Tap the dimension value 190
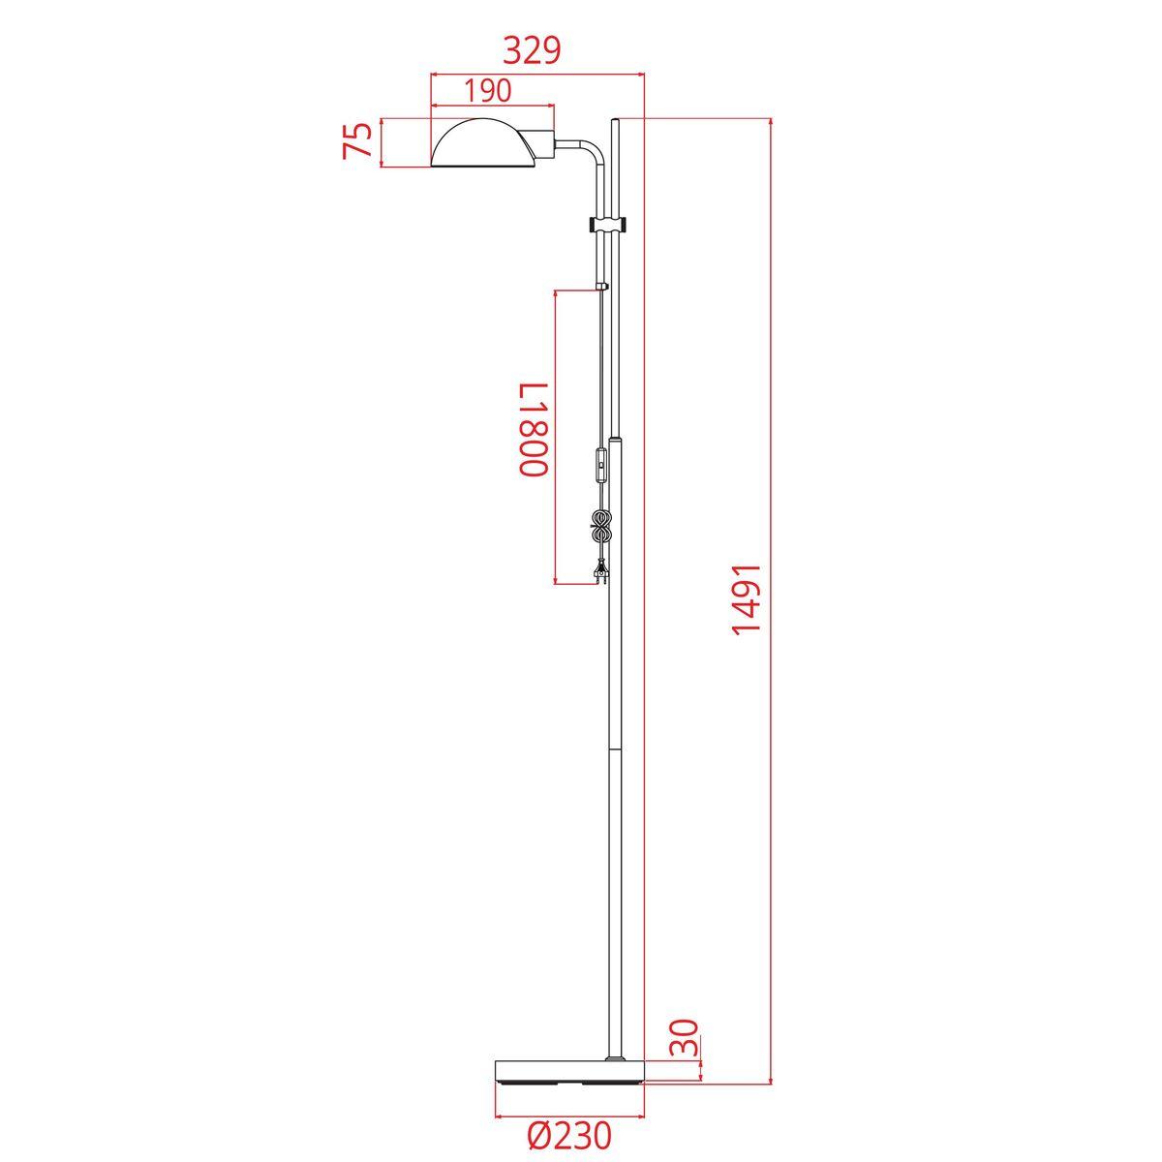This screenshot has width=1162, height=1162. click(487, 91)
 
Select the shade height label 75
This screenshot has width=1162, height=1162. click(359, 142)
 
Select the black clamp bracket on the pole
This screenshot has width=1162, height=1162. click(608, 225)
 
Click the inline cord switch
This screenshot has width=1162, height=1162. click(603, 469)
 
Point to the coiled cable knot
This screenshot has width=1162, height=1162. click(601, 528)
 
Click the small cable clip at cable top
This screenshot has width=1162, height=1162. click(602, 287)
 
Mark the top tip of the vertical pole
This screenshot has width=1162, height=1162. click(616, 120)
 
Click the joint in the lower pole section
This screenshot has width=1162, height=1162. click(614, 747)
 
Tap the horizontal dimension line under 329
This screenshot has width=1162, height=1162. click(537, 72)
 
